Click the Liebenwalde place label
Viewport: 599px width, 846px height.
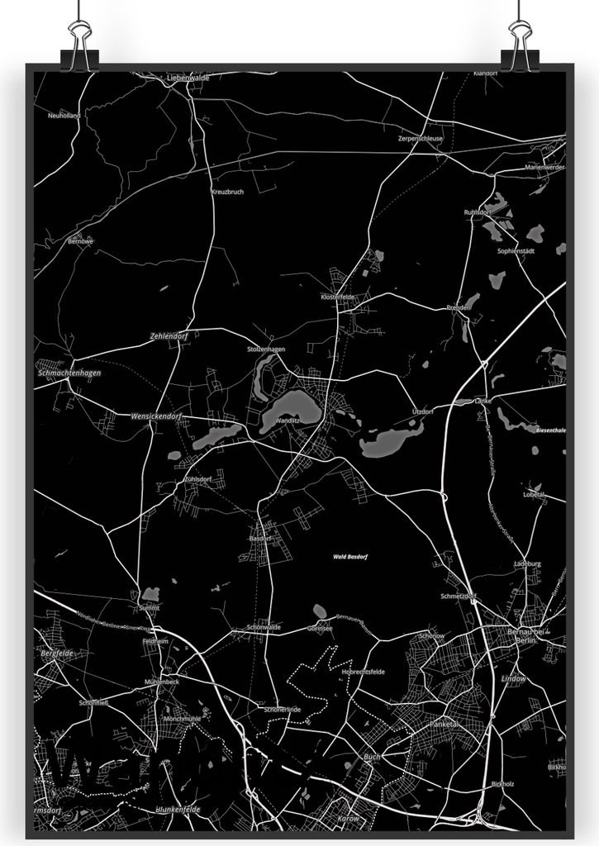click(x=188, y=78)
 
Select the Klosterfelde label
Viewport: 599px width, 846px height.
click(x=337, y=296)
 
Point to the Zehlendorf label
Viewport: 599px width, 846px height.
click(x=169, y=336)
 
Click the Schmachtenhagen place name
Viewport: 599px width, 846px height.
click(x=69, y=373)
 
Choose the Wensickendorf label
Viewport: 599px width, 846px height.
click(x=155, y=416)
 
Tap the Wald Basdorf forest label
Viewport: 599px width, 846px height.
click(x=350, y=557)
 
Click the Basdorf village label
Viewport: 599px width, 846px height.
click(x=259, y=538)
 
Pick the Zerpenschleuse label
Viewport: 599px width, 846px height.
click(x=420, y=139)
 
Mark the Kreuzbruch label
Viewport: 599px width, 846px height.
click(x=227, y=192)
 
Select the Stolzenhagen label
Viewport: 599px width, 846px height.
click(x=265, y=349)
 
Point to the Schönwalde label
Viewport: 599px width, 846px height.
click(x=264, y=628)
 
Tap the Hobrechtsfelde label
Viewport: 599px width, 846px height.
click(x=363, y=672)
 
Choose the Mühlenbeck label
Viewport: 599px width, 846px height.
click(x=160, y=682)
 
